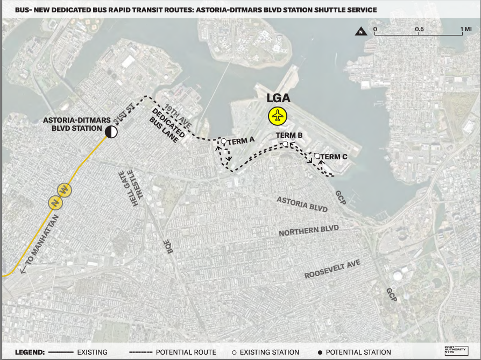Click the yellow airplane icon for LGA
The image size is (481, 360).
tap(278, 116)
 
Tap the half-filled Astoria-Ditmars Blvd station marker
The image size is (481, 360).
tap(111, 131)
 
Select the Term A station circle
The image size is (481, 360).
tap(223, 142)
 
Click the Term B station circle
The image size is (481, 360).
tap(286, 144)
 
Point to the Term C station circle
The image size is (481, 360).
tap(317, 156)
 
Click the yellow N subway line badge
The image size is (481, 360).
tap(54, 202)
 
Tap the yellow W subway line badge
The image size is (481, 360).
tap(64, 190)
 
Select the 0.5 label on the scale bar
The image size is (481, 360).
tap(420, 29)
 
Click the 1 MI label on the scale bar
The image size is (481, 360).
tap(465, 29)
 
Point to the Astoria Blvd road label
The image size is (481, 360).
tap(301, 203)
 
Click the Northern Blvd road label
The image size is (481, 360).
tap(309, 230)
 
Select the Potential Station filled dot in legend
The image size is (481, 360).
tap(321, 352)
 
